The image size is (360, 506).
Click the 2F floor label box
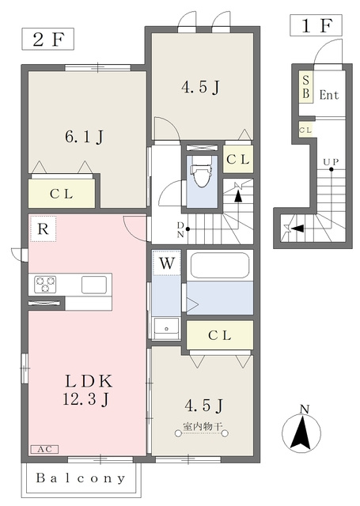pyautogui.click(x=47, y=39)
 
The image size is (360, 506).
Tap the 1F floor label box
pyautogui.click(x=316, y=25)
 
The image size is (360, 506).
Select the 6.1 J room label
pyautogui.click(x=84, y=137)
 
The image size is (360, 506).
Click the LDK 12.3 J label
pyautogui.click(x=87, y=391)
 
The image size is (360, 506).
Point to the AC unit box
pyautogui.click(x=44, y=449)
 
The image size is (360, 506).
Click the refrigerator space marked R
pyautogui.click(x=43, y=228)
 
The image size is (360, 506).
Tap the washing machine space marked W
pyautogui.click(x=167, y=262)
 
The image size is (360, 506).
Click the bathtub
pyautogui.click(x=220, y=266)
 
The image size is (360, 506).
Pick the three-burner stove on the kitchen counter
pyautogui.click(x=45, y=285)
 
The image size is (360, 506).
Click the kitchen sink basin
pyautogui.click(x=94, y=285)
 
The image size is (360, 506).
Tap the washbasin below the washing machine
pyautogui.click(x=167, y=328)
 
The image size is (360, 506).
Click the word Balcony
pyautogui.click(x=81, y=478)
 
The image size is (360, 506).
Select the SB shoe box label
pyautogui.click(x=305, y=87)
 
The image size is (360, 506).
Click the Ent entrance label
pyautogui.click(x=329, y=95)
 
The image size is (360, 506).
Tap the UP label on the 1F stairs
pyautogui.click(x=331, y=162)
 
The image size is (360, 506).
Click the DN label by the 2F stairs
pyautogui.click(x=181, y=230)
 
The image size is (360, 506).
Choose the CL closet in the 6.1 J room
pyautogui.click(x=62, y=194)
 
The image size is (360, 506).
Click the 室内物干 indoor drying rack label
pyautogui.click(x=203, y=427)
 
